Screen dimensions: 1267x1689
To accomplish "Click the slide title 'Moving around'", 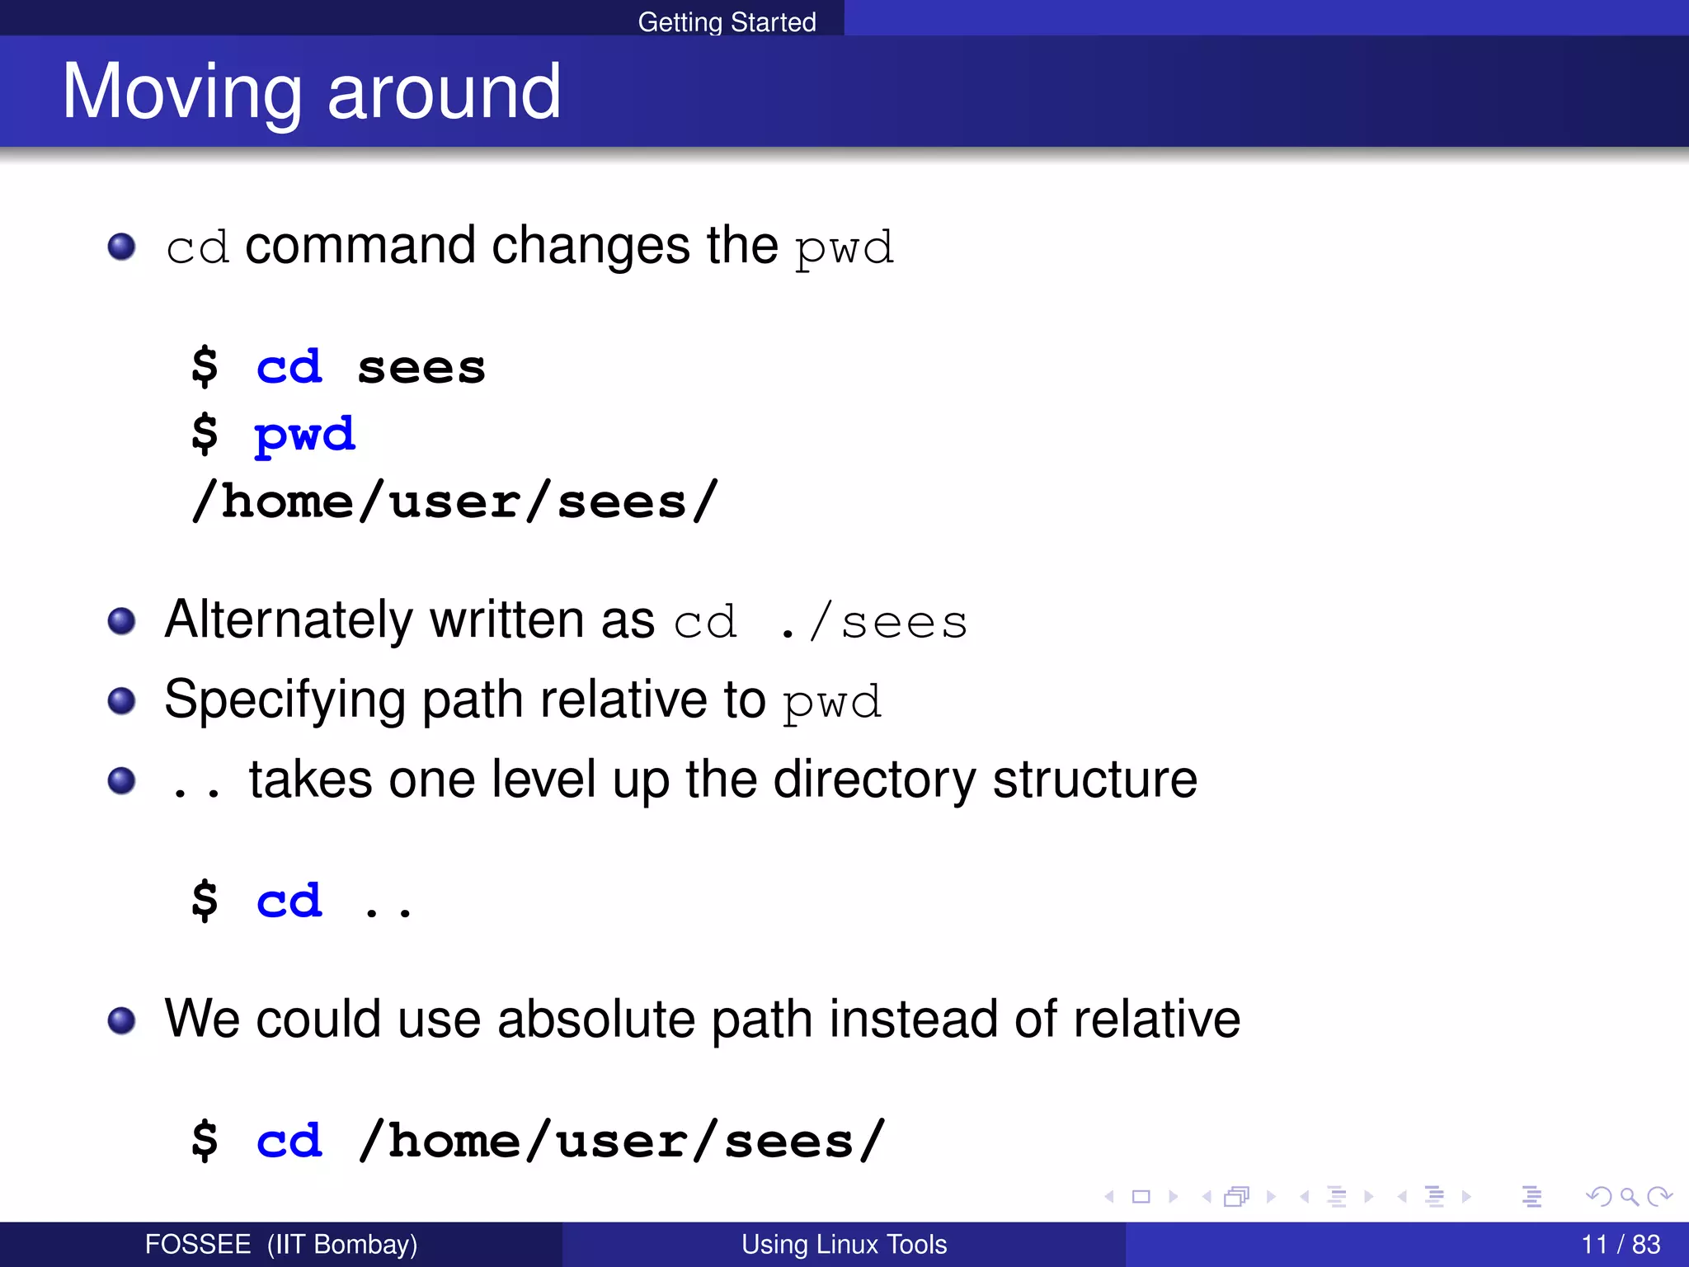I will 312,92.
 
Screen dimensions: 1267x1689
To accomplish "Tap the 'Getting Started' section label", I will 727,21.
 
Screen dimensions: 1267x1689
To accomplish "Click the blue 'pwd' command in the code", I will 304,435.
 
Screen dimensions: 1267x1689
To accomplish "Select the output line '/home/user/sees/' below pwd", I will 454,502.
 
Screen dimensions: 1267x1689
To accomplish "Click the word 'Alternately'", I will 288,619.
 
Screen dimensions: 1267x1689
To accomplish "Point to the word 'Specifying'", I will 285,700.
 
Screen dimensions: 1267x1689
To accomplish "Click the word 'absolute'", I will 596,1019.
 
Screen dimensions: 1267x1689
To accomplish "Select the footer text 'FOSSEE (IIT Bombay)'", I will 280,1244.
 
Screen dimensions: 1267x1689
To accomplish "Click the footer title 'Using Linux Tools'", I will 844,1244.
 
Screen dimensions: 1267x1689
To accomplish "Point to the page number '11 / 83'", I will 1621,1244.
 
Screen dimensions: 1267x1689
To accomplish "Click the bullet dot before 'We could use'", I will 122,1020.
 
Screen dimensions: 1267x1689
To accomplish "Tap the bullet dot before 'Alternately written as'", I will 122,621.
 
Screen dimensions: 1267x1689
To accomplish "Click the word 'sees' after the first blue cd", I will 421,368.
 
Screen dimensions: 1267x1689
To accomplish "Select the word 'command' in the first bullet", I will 360,246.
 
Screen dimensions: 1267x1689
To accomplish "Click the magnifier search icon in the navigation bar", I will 1629,1196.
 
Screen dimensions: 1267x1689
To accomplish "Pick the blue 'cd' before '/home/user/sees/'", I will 289,1141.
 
